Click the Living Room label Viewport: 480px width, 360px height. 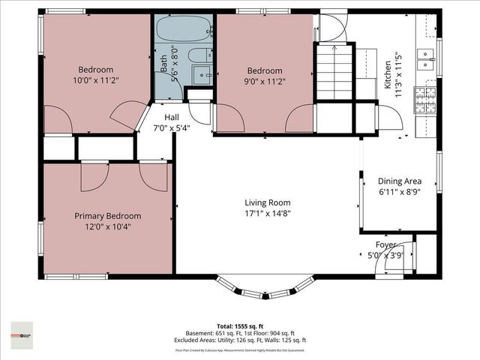(267, 202)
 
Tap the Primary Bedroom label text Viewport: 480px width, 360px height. (107, 216)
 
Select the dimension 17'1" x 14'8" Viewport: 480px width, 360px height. (267, 213)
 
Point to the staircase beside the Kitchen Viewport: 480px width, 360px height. (334, 71)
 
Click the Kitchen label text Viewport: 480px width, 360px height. (388, 75)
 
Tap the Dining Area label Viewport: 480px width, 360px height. (399, 181)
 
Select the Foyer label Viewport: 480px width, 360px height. (385, 244)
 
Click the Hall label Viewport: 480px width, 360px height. (172, 118)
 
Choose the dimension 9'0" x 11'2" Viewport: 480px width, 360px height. (265, 81)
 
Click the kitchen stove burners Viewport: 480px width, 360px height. (425, 100)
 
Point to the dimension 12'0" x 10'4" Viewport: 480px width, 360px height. (107, 226)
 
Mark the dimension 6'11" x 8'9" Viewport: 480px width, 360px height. (399, 191)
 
